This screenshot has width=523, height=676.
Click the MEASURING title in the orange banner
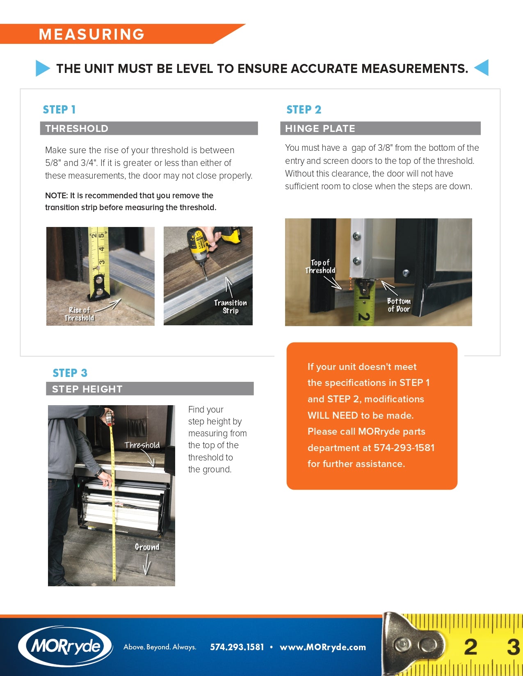click(91, 34)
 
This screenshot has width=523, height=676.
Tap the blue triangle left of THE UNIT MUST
click(42, 68)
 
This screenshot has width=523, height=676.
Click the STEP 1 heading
click(59, 110)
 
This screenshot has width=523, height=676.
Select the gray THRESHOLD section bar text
click(77, 129)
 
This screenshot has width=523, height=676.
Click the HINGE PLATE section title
click(320, 129)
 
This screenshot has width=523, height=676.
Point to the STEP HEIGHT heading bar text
click(87, 389)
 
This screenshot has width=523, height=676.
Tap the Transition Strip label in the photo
click(230, 306)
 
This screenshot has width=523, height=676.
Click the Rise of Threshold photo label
click(79, 314)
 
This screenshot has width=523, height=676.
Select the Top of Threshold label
click(320, 266)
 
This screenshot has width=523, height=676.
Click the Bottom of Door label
click(399, 305)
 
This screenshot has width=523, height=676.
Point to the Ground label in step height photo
click(147, 547)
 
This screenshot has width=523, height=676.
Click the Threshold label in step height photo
click(142, 445)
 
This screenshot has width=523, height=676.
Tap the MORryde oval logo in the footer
click(66, 647)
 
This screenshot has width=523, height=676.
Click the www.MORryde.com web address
click(322, 647)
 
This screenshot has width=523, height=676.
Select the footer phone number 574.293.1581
click(237, 647)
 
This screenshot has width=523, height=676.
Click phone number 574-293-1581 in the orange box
click(404, 448)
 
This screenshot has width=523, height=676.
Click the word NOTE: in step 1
click(56, 196)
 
